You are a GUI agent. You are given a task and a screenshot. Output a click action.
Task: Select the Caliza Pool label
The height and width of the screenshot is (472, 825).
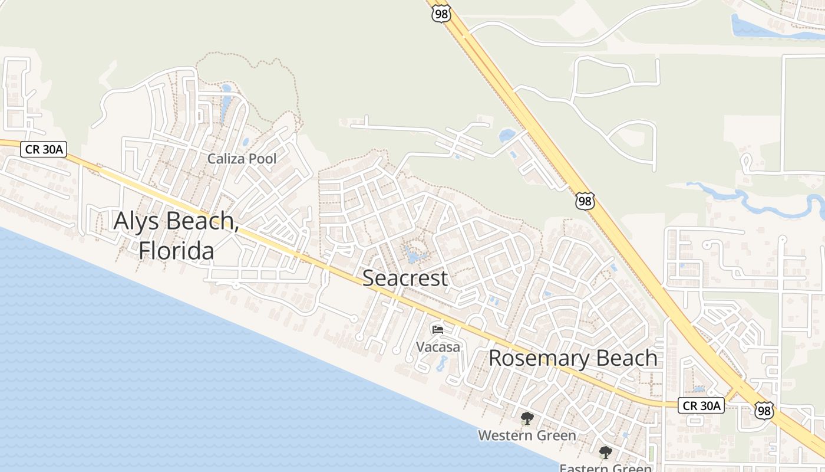(242, 159)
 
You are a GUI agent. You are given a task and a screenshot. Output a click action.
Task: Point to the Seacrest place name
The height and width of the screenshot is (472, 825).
(405, 278)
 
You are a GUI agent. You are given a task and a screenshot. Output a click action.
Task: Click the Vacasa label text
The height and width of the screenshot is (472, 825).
(438, 347)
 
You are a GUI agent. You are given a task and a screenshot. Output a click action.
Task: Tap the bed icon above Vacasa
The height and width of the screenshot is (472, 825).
(438, 329)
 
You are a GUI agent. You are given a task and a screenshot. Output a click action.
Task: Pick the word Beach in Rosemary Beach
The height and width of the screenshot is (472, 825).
(627, 358)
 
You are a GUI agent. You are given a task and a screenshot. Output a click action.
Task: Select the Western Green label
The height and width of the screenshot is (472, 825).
(527, 435)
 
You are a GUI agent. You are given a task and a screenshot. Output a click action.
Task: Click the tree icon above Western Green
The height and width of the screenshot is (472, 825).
(527, 419)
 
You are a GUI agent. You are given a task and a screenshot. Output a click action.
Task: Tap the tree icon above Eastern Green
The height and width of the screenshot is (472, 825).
(605, 453)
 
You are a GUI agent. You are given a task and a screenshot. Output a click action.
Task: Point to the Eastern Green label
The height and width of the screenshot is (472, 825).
(605, 467)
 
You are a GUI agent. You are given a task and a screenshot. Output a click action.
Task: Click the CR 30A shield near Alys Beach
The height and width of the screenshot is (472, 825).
(43, 149)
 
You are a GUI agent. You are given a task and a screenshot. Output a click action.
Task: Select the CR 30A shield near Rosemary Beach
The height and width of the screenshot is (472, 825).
(701, 405)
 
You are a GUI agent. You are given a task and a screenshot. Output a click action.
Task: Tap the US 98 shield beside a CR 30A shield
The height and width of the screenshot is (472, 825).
(764, 410)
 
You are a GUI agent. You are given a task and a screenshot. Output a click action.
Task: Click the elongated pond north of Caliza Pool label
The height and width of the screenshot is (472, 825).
(226, 104)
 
